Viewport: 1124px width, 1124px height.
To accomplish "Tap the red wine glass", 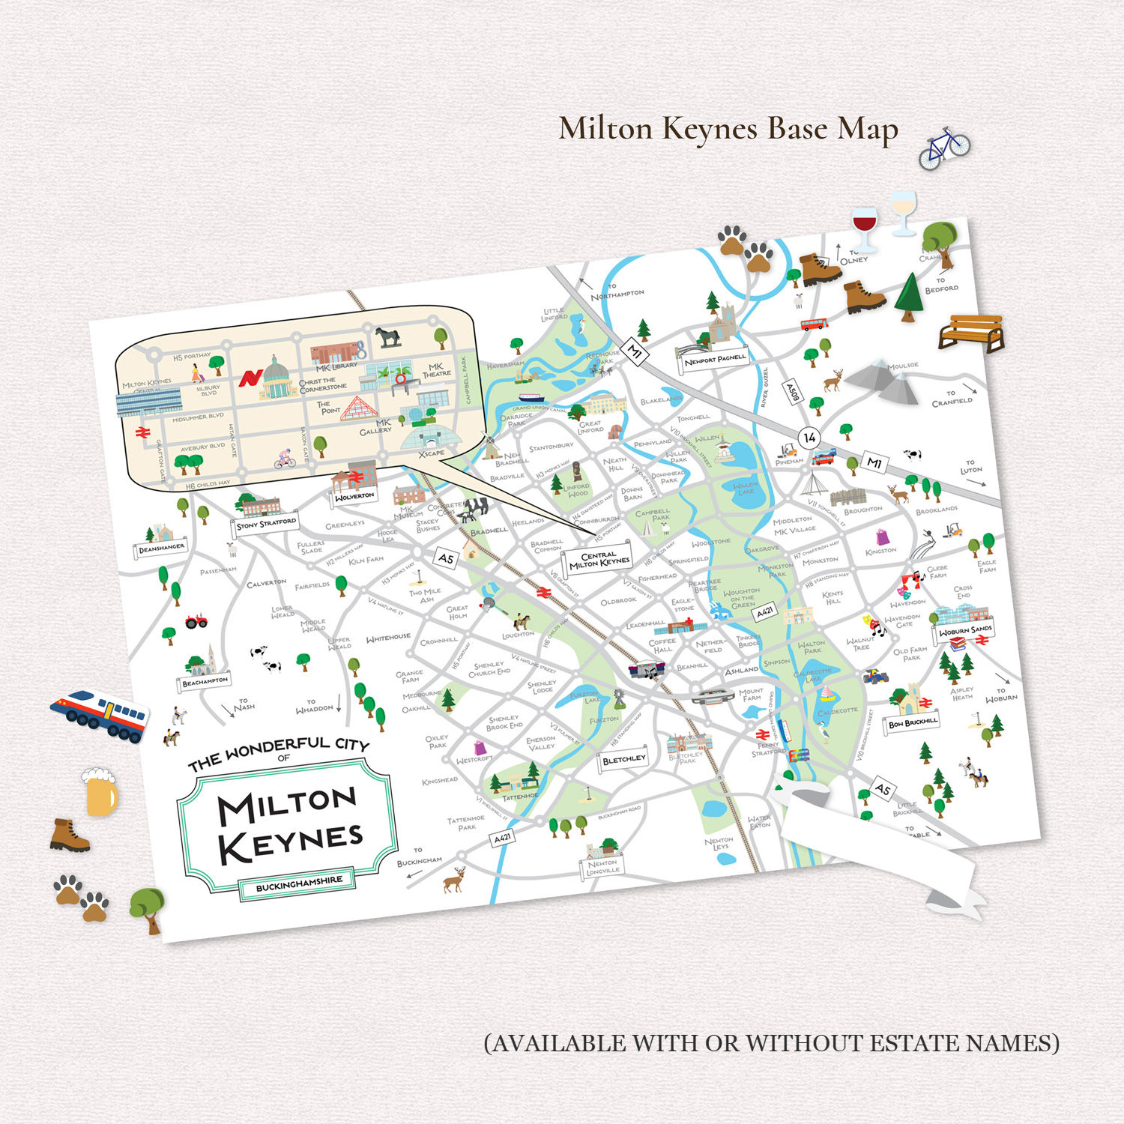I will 864,228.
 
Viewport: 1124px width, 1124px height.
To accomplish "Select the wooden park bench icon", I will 971,333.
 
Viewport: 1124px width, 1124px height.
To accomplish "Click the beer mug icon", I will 100,792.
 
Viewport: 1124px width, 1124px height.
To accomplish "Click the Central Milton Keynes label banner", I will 599,559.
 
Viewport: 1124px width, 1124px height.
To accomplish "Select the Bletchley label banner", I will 623,759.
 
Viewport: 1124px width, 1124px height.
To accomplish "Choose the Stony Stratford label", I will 266,523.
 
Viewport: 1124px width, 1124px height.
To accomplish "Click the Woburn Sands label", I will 965,630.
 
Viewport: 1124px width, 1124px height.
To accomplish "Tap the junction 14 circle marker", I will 809,437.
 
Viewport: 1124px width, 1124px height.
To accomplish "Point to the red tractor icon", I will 196,620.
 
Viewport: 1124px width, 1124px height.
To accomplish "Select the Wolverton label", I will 354,496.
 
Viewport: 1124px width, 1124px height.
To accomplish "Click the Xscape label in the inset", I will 432,453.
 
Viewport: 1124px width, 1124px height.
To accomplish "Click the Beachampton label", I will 205,681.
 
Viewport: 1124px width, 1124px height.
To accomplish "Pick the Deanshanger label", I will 161,549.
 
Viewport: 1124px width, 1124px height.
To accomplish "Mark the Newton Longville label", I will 602,867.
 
